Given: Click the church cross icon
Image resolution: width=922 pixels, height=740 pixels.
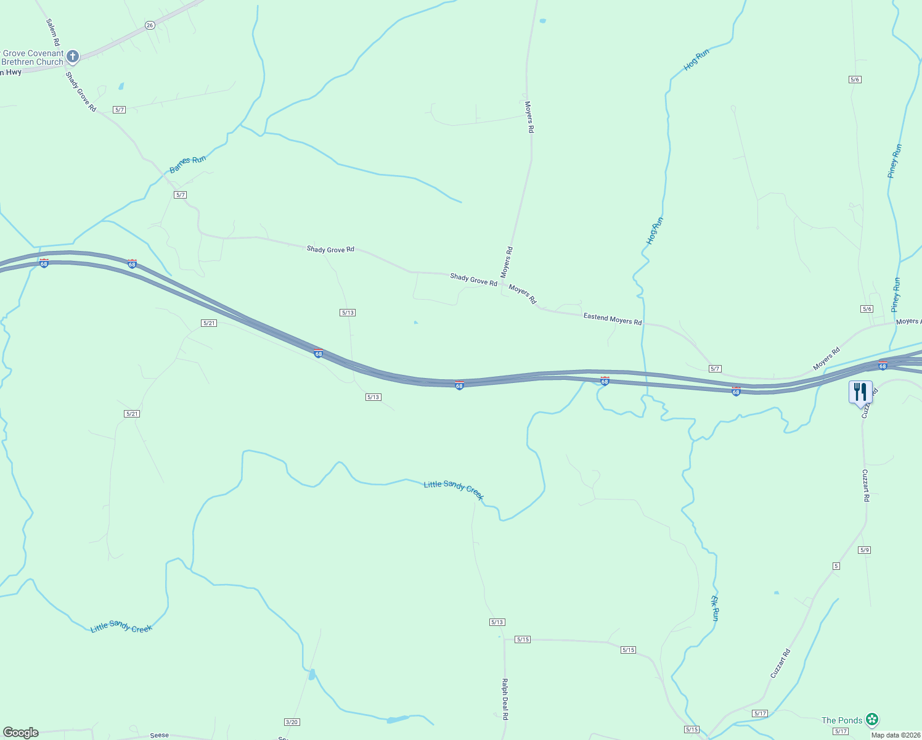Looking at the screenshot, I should (73, 57).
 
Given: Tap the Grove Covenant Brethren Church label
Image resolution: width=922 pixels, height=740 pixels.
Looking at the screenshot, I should (32, 57).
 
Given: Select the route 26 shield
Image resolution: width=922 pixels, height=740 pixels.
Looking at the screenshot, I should (150, 25).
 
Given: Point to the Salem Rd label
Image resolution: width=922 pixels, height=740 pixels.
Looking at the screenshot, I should (52, 32).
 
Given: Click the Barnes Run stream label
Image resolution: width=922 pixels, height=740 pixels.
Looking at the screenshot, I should (188, 164).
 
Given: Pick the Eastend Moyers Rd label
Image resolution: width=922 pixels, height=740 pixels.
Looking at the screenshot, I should (612, 319).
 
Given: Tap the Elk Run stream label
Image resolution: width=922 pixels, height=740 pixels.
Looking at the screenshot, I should (715, 608).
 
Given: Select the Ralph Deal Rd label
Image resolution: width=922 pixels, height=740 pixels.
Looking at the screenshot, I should (505, 699).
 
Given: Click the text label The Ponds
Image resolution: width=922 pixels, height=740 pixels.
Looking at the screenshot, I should (841, 720).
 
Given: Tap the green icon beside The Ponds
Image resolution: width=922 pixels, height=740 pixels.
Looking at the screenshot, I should (871, 719).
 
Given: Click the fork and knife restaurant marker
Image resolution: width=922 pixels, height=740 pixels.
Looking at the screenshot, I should (860, 392).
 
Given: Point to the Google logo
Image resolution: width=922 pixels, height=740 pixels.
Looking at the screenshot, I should (21, 733).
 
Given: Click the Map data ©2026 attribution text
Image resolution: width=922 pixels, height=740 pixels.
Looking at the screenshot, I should (894, 735).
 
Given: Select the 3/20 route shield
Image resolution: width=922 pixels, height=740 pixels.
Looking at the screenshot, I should (292, 722).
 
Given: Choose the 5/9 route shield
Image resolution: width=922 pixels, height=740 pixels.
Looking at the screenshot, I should (864, 550).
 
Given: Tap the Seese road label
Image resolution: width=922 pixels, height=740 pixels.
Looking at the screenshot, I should (160, 735).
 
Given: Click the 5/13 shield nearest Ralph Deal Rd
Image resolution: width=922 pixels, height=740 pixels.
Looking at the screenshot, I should (497, 622).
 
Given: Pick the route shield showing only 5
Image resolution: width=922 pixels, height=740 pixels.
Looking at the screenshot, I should (836, 566).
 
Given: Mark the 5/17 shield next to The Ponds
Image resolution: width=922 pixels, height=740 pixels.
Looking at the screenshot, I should (841, 731).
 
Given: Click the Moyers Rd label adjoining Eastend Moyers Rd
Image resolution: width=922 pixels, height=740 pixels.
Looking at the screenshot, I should (523, 294).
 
